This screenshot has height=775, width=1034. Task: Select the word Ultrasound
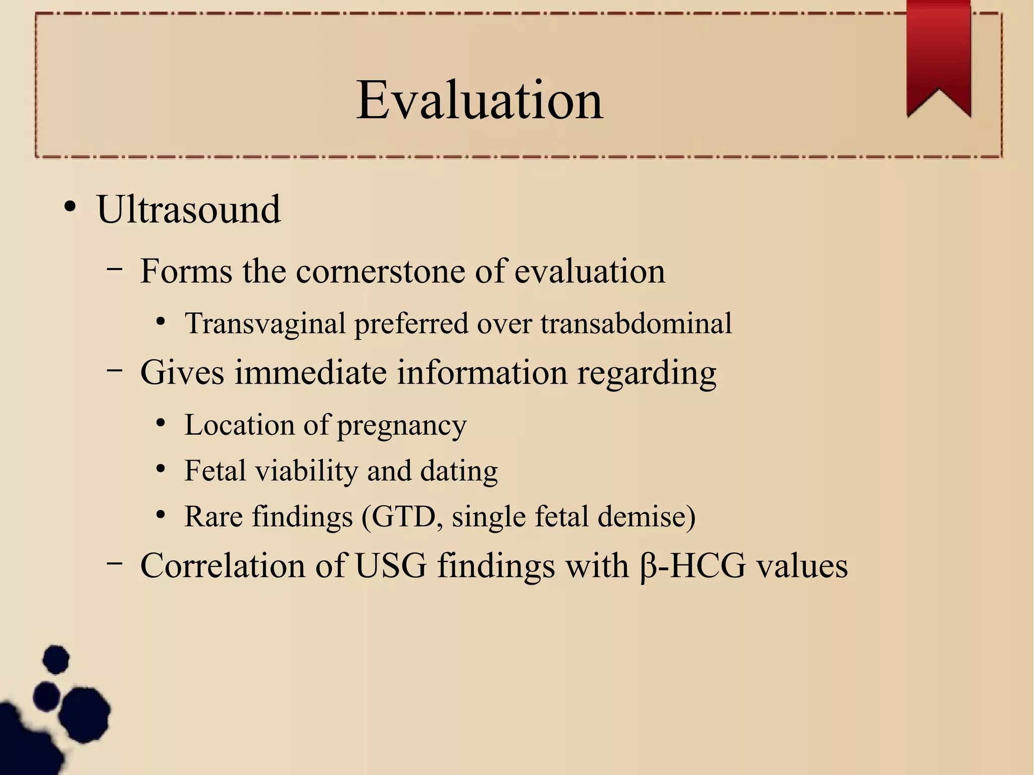click(188, 210)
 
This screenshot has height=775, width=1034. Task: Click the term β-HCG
click(692, 565)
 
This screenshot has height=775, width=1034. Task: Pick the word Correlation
click(223, 565)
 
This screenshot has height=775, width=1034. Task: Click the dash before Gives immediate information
click(115, 371)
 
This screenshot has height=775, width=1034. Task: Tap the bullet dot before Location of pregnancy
click(161, 423)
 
